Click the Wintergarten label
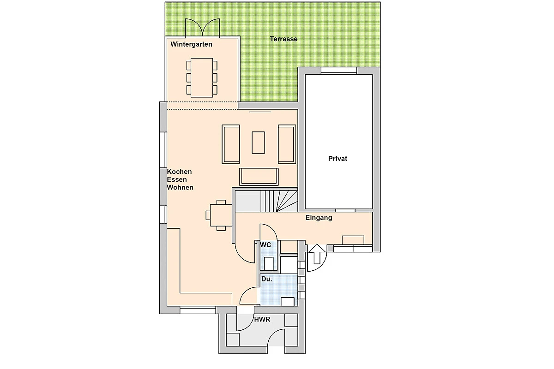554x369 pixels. (191, 44)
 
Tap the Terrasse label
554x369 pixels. (283, 39)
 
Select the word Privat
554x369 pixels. (337, 158)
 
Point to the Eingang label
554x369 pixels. (319, 218)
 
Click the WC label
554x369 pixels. (265, 244)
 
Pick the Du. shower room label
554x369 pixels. (267, 279)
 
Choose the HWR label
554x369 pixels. (262, 320)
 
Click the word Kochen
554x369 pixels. (179, 172)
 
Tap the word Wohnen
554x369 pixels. (180, 187)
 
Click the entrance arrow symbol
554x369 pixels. (317, 254)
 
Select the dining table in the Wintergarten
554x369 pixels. (202, 77)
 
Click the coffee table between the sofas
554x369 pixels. (259, 143)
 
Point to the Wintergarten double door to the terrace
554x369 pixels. (203, 27)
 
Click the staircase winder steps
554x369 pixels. (287, 201)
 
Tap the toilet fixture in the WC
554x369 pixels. (269, 264)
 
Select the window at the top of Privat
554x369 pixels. (339, 71)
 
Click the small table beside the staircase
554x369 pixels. (221, 215)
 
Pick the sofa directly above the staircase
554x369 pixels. (259, 177)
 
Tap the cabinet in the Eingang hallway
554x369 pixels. (353, 240)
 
